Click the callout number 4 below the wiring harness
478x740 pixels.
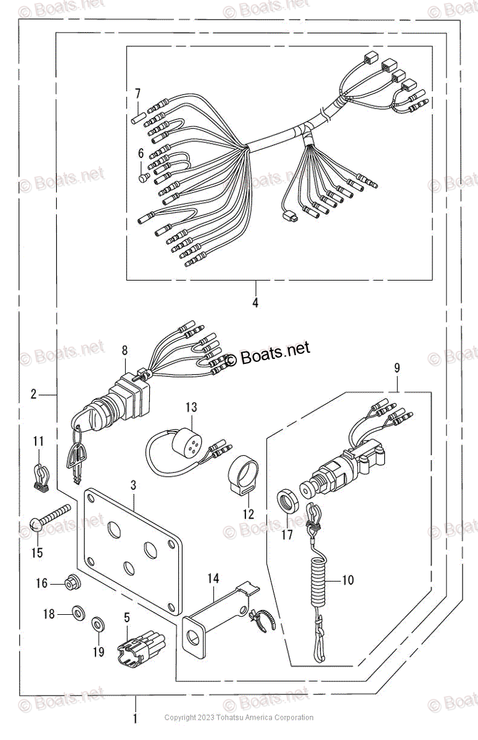tap(255, 303)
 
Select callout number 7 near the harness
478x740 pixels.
tap(138, 94)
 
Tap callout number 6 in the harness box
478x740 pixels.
tap(141, 152)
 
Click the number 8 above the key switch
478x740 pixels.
tap(125, 350)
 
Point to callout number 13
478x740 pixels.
tap(191, 407)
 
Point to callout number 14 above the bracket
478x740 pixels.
tap(213, 578)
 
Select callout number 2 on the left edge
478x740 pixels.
tap(34, 393)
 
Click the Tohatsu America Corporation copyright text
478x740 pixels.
tap(239, 717)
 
